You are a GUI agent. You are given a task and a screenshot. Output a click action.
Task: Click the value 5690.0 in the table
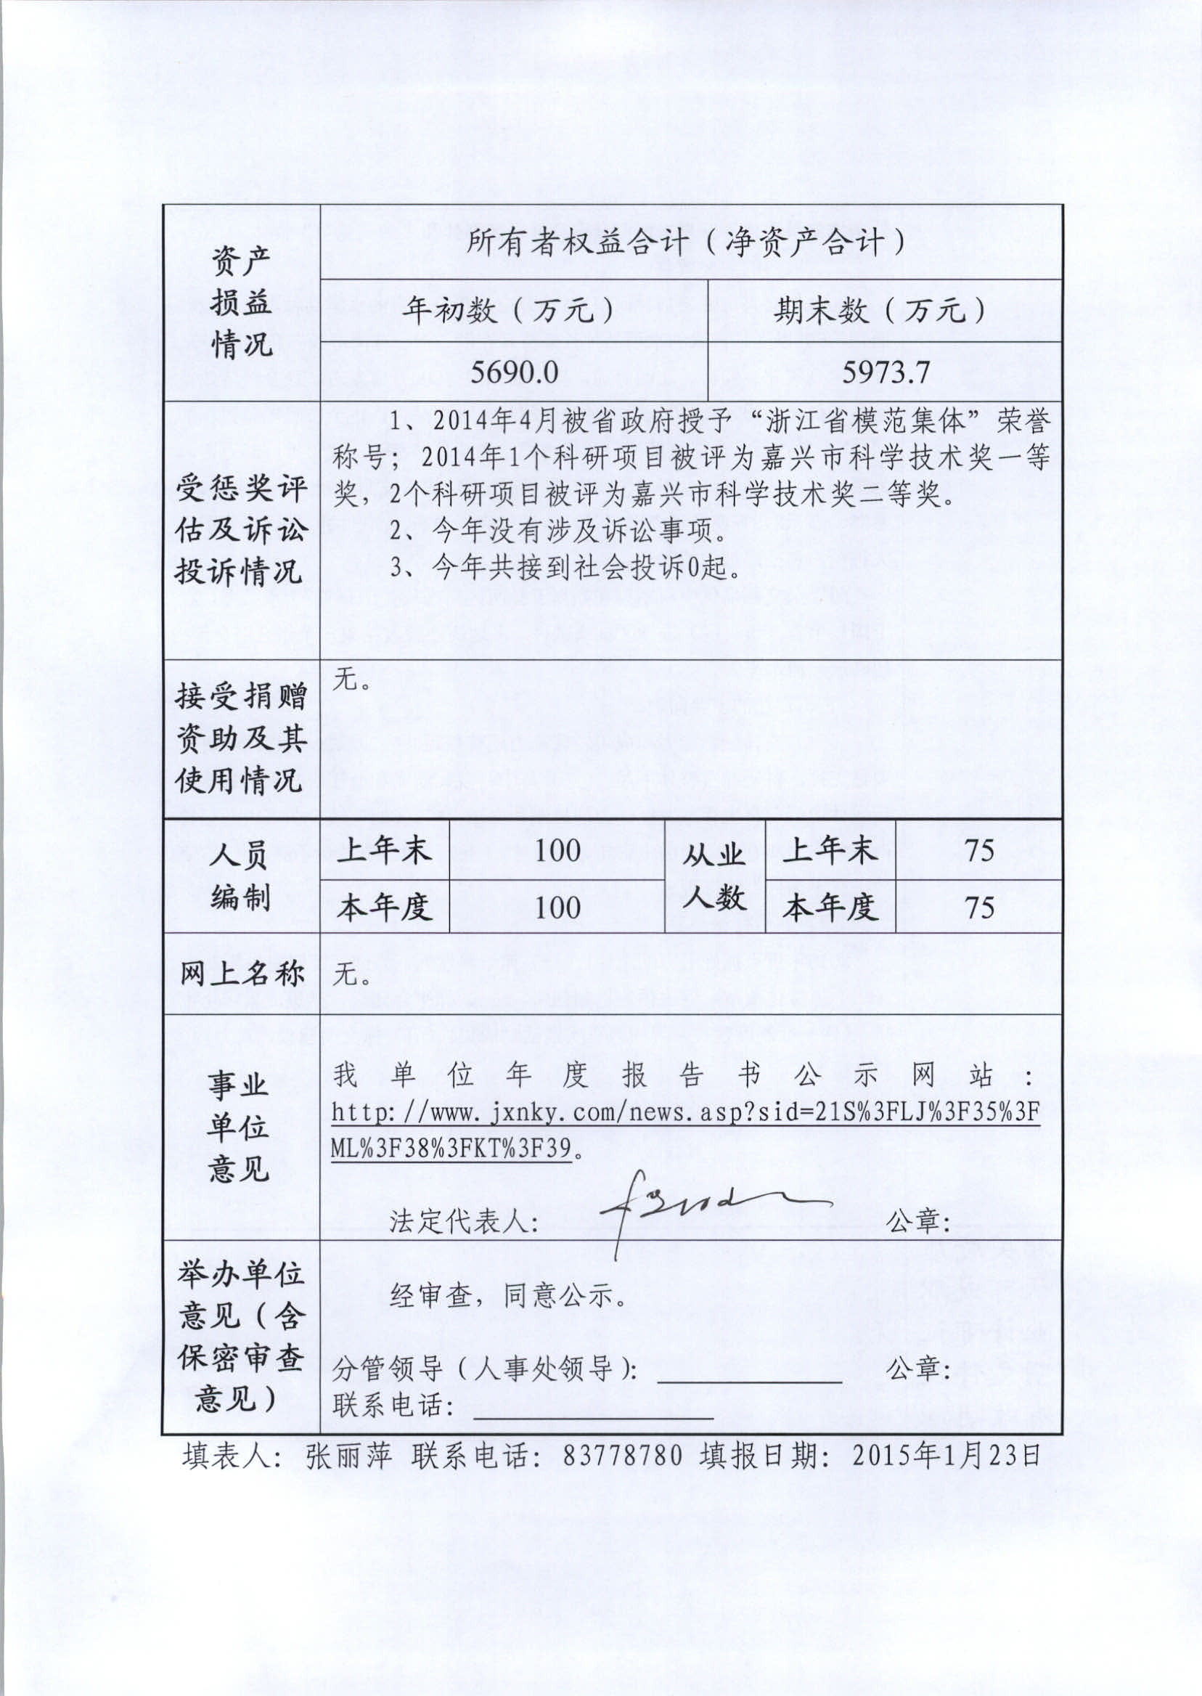pos(515,372)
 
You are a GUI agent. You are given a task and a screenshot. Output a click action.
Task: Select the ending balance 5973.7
pos(886,372)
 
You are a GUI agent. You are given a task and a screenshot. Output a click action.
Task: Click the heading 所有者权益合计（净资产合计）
pos(686,242)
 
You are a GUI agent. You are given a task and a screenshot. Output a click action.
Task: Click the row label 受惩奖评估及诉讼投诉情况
pos(240,530)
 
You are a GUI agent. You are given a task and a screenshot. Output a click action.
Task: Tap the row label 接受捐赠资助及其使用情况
pos(240,738)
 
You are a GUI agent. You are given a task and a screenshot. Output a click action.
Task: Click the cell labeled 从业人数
pos(714,877)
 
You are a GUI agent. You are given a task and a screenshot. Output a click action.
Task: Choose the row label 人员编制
pos(240,877)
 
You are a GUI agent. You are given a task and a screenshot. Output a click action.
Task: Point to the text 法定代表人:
pos(463,1222)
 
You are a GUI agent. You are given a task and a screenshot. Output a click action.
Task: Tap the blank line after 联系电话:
pos(592,1417)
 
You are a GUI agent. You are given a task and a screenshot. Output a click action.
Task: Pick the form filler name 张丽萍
pos(348,1456)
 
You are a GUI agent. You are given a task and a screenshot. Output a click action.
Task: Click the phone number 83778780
pos(623,1456)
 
